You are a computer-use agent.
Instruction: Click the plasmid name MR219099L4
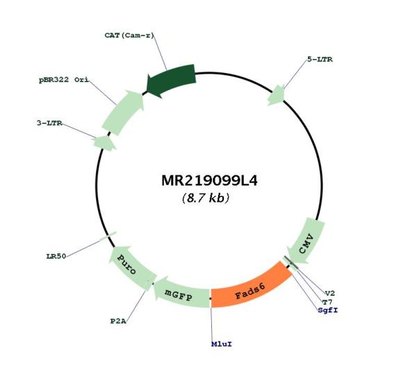[x=209, y=181]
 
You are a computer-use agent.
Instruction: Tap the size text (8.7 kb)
[x=206, y=198]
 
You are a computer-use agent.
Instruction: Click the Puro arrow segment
[x=131, y=267]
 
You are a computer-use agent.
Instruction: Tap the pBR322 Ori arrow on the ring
[x=124, y=112]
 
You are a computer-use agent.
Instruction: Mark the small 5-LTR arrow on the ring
[x=277, y=95]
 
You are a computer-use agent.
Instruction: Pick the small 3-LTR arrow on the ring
[x=104, y=143]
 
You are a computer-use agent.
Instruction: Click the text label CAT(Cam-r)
[x=129, y=35]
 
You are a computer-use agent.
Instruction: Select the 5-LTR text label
[x=320, y=59]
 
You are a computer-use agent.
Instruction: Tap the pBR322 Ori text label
[x=64, y=79]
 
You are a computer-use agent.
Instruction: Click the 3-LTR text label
[x=49, y=123]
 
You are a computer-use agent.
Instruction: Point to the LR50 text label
[x=56, y=256]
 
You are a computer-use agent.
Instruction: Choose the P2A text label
[x=118, y=321]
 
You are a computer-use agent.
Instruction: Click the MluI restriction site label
[x=222, y=344]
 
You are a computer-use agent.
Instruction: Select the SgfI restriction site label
[x=328, y=310]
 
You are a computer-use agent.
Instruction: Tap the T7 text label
[x=327, y=302]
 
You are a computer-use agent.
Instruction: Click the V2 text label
[x=330, y=293]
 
